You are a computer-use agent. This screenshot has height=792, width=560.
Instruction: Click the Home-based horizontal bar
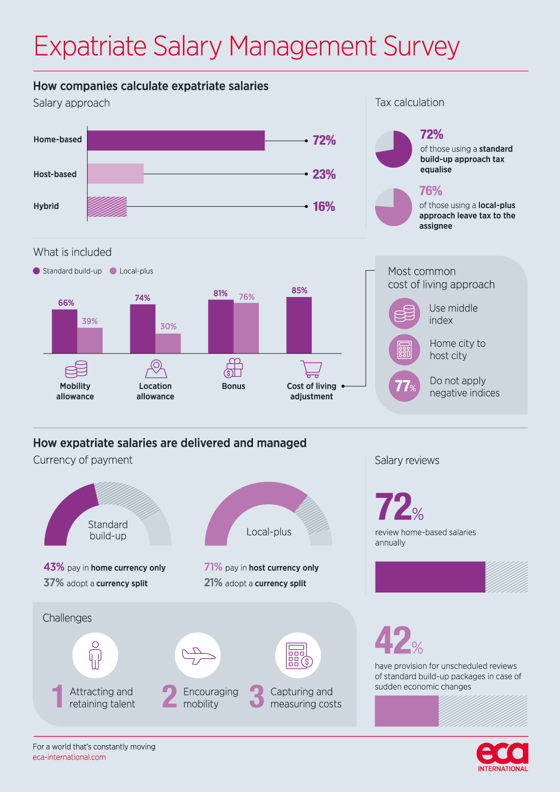[x=176, y=141]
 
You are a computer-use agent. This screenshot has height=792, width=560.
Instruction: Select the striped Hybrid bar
[x=107, y=207]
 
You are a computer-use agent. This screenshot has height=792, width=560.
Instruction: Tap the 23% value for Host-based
[x=324, y=174]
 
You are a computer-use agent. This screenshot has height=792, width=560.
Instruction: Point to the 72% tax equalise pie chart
[x=393, y=149]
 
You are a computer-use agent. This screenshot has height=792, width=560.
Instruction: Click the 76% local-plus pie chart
[x=393, y=207]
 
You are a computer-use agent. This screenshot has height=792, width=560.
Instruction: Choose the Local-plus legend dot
[x=113, y=271]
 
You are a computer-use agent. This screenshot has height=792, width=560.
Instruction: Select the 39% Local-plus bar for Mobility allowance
[x=90, y=340]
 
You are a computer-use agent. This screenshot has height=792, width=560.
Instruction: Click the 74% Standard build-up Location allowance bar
[x=142, y=329]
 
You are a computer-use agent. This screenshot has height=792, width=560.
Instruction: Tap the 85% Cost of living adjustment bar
[x=299, y=325]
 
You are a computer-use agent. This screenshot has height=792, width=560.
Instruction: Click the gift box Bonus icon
[x=234, y=368]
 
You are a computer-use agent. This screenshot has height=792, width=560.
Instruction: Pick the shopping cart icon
[x=311, y=369]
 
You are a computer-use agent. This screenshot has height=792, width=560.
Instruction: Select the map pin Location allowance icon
[x=155, y=369]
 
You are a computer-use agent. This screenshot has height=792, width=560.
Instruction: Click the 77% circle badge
[x=405, y=386]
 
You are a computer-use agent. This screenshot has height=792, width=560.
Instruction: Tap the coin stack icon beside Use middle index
[x=405, y=314]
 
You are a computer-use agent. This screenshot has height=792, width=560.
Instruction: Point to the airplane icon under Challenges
[x=198, y=655]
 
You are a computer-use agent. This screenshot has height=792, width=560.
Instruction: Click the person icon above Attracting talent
[x=95, y=655]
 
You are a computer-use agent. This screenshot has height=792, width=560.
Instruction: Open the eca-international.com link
[x=69, y=757]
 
